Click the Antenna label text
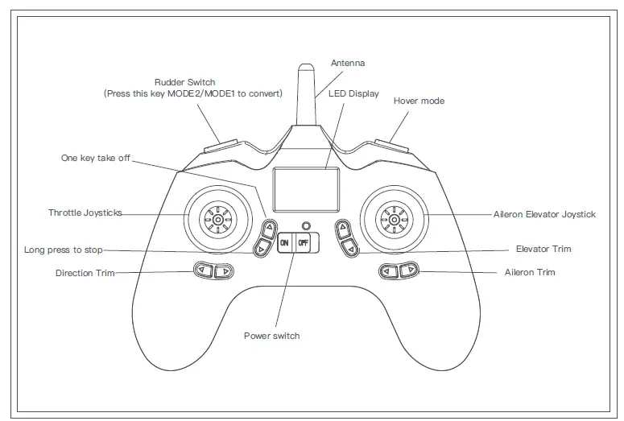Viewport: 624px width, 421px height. tap(347, 62)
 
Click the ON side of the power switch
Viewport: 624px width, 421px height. tap(286, 241)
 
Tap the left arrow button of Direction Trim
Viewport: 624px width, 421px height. tap(204, 271)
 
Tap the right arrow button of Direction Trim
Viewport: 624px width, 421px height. tap(223, 271)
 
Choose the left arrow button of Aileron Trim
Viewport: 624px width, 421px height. tap(390, 271)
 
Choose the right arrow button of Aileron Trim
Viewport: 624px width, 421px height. tap(409, 271)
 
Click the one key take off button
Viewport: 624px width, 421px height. tap(270, 229)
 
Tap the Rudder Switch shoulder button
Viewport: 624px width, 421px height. tap(221, 146)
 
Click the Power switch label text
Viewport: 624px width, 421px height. tap(271, 336)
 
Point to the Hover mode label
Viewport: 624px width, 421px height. tap(419, 101)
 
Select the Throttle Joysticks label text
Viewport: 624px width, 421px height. tap(85, 213)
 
